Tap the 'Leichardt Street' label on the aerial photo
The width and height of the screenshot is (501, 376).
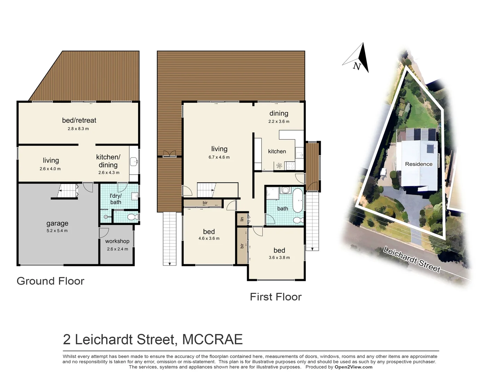tap(412, 259)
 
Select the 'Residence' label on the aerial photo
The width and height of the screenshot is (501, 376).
tap(419, 164)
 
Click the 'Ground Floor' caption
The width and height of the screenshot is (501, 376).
tap(50, 281)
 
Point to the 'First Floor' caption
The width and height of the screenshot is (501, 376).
tap(276, 297)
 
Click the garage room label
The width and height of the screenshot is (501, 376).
tap(57, 224)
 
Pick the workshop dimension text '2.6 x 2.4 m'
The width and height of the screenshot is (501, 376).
tap(117, 249)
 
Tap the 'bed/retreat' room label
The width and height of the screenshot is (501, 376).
tap(79, 120)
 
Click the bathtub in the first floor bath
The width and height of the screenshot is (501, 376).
tap(297, 200)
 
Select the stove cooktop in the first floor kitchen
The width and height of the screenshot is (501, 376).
tap(290, 166)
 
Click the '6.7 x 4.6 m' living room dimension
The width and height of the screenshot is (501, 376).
tap(219, 157)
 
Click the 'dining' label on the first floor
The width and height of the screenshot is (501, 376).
tap(279, 113)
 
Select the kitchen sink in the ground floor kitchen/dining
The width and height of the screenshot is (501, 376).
tap(134, 162)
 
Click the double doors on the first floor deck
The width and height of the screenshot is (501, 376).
tap(169, 154)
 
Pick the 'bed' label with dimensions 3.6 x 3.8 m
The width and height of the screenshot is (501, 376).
tap(279, 250)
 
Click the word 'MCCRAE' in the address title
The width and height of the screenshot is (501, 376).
tap(212, 339)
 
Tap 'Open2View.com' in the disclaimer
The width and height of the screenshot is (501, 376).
tap(353, 367)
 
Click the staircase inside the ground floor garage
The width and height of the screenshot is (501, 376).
tap(68, 191)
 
